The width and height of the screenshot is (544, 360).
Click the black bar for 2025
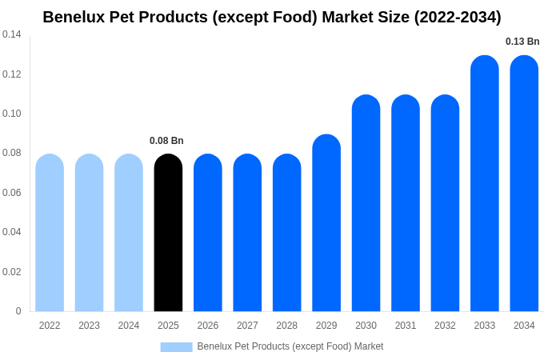pyautogui.click(x=168, y=233)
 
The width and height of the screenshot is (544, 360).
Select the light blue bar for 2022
pyautogui.click(x=50, y=233)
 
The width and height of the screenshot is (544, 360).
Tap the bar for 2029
pyautogui.click(x=326, y=223)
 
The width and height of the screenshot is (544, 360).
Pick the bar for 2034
pyautogui.click(x=524, y=184)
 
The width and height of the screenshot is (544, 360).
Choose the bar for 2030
pyautogui.click(x=366, y=203)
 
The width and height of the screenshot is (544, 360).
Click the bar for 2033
pyautogui.click(x=485, y=184)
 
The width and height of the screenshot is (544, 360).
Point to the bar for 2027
pyautogui.click(x=247, y=233)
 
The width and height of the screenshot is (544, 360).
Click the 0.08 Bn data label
pyautogui.click(x=166, y=141)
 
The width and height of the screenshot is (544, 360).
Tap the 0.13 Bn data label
pyautogui.click(x=522, y=42)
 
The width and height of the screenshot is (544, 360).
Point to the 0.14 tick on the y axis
pyautogui.click(x=12, y=34)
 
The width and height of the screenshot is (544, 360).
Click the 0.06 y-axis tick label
pyautogui.click(x=12, y=193)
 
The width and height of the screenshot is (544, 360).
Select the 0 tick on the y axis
pyautogui.click(x=18, y=311)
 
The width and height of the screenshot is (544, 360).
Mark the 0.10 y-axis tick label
pyautogui.click(x=12, y=114)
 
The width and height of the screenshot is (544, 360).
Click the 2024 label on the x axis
pyautogui.click(x=129, y=326)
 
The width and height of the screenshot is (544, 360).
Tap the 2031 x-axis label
pyautogui.click(x=406, y=326)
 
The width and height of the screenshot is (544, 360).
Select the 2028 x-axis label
pyautogui.click(x=286, y=326)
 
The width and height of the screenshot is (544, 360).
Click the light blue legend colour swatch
pyautogui.click(x=176, y=346)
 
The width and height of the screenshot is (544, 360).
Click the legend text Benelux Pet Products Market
pyautogui.click(x=290, y=346)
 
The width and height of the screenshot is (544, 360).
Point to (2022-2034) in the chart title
pyautogui.click(x=457, y=17)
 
